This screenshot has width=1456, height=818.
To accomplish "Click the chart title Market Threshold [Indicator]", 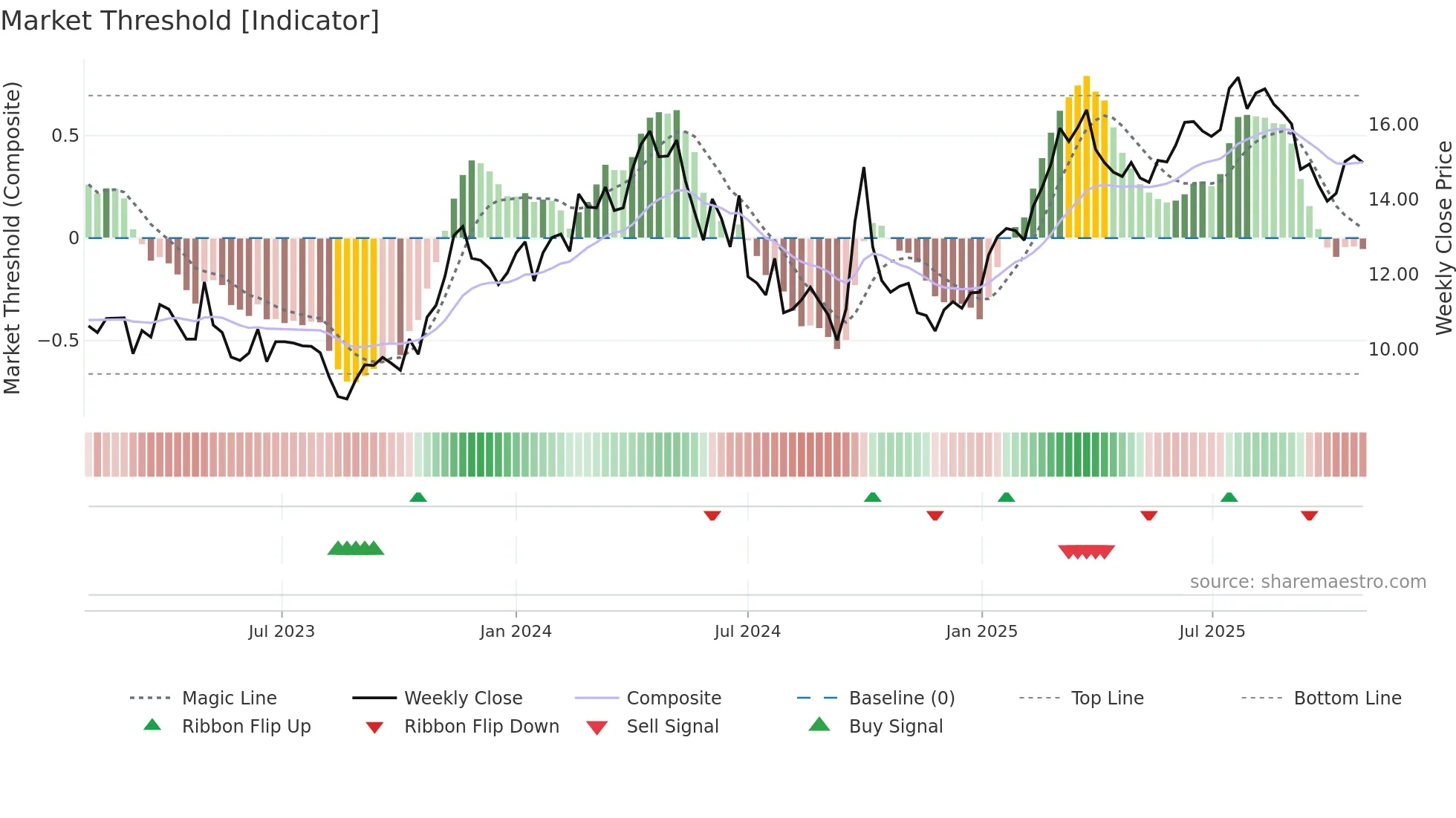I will [190, 21].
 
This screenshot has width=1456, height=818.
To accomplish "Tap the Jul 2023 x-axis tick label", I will [282, 632].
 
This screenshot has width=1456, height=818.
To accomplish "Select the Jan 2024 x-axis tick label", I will [516, 632].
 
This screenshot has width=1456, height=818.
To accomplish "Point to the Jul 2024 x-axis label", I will [747, 632].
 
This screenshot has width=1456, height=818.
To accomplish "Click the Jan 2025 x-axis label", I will [981, 632].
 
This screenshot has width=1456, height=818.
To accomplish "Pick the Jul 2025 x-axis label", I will [1212, 632].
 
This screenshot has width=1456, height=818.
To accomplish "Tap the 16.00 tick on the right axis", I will [1394, 125].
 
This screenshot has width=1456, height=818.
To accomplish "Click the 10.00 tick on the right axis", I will [1394, 350].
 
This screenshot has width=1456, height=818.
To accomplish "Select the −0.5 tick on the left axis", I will [59, 341].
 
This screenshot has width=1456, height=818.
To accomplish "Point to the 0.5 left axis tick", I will [65, 136].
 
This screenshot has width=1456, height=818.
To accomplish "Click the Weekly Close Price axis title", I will [1443, 238].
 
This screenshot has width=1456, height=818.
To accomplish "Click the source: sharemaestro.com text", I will [1307, 582].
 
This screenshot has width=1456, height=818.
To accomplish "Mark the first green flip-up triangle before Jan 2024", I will [418, 497].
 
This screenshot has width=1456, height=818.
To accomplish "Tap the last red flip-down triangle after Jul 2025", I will [1309, 515].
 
